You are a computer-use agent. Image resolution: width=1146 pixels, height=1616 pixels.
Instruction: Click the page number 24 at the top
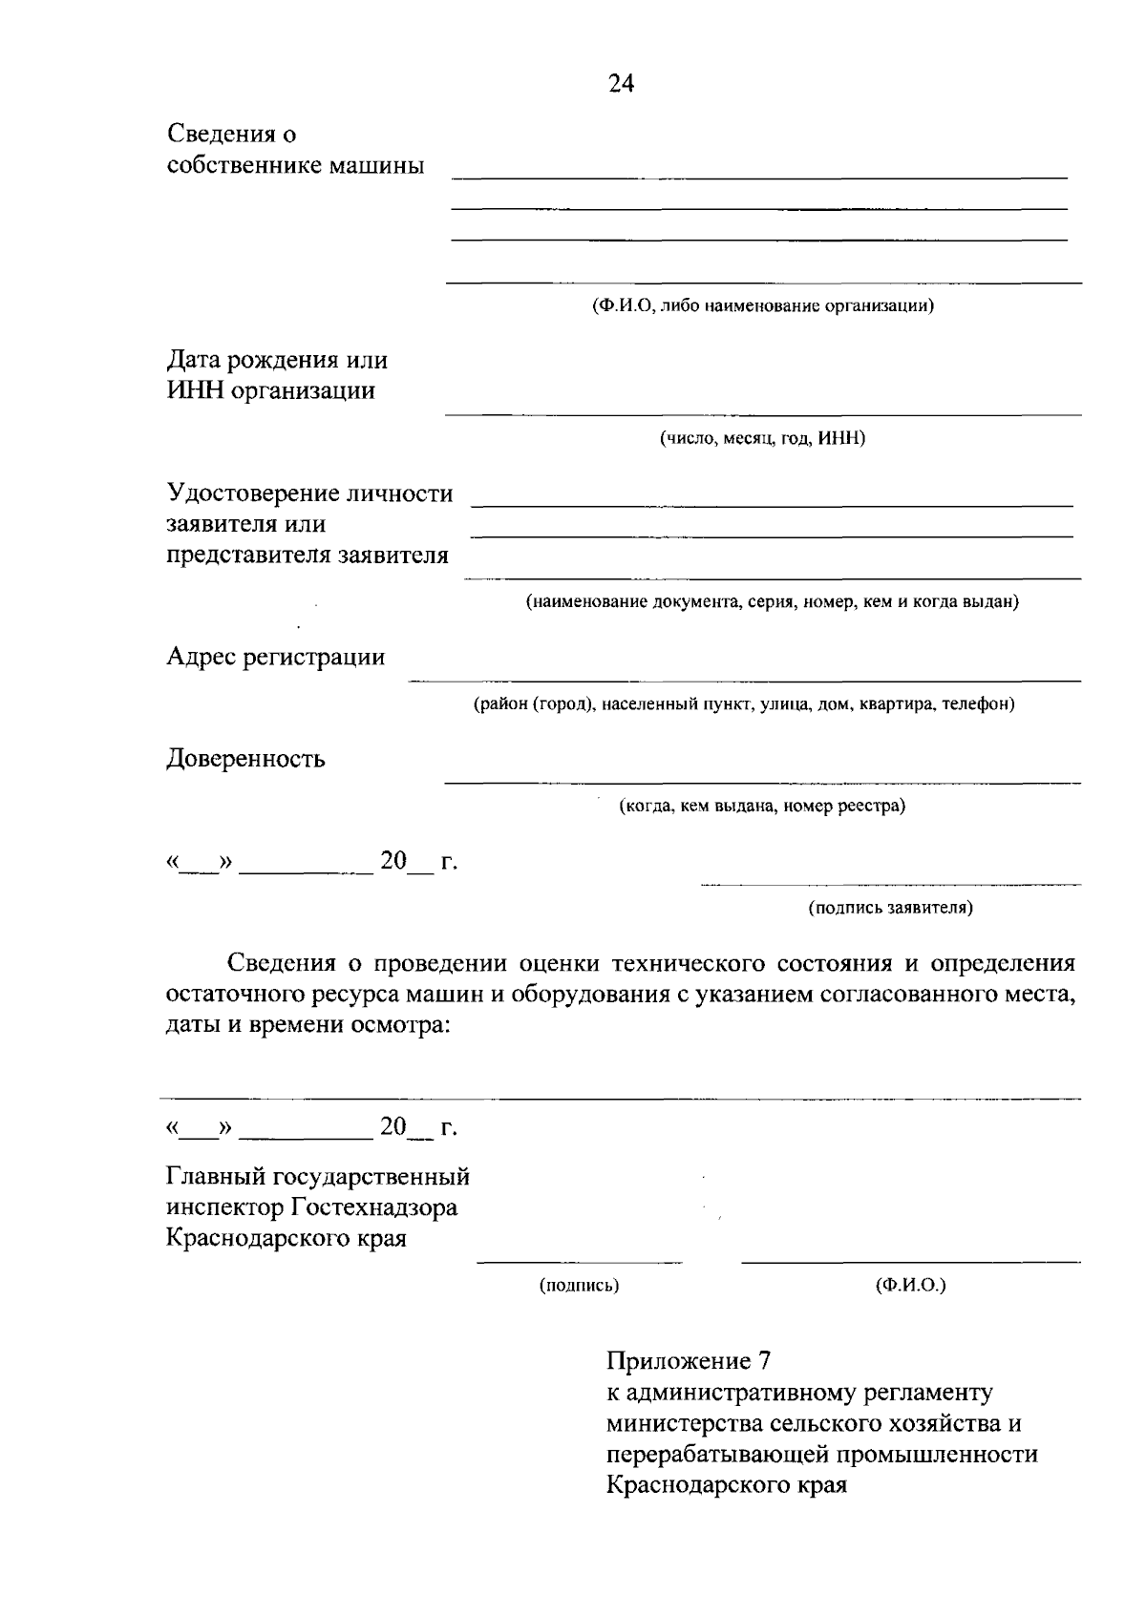pos(621,84)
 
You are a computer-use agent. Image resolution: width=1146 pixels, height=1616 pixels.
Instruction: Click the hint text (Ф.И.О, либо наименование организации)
pos(762,306)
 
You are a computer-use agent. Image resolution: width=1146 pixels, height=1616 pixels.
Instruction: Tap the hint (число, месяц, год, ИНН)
pos(762,438)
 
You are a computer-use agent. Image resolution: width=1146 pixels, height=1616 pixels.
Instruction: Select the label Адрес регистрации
pos(276,657)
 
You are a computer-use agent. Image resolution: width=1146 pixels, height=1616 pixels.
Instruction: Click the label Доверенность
pos(246,759)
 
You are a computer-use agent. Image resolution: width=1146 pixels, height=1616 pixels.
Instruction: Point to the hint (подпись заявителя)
pos(890,908)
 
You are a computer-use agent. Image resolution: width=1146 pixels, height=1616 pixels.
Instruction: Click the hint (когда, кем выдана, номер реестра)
pos(762,806)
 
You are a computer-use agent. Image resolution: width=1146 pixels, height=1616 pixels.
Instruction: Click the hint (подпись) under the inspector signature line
pos(580,1286)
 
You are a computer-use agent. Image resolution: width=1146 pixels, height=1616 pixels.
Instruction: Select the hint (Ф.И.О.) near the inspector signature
pos(910,1286)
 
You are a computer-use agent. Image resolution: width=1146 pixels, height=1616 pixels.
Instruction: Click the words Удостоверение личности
pos(309,493)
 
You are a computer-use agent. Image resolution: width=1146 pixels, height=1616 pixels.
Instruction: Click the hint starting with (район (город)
pos(744,704)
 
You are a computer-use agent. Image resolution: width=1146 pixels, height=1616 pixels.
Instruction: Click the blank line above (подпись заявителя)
pos(890,885)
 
